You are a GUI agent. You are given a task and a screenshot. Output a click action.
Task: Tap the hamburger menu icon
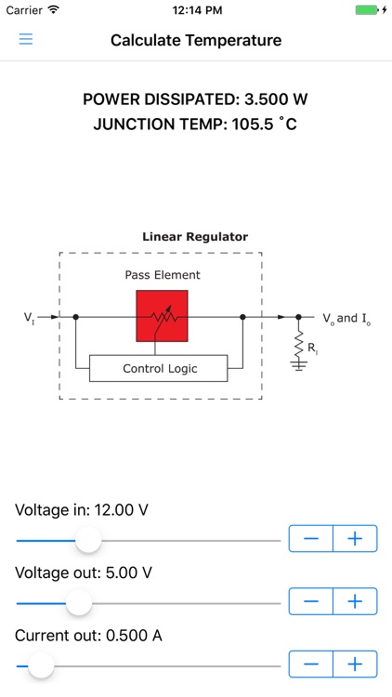[26, 40]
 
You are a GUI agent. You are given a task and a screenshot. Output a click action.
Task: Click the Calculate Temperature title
[196, 40]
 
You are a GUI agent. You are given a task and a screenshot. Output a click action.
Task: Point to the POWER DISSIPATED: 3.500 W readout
[196, 99]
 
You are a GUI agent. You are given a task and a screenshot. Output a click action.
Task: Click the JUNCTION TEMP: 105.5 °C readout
[196, 124]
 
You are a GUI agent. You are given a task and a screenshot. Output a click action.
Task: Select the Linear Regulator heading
[195, 237]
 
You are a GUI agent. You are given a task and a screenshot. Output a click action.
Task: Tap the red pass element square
[162, 316]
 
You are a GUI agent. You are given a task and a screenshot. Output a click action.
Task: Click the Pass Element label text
[163, 275]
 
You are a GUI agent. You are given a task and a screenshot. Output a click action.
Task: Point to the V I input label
[29, 318]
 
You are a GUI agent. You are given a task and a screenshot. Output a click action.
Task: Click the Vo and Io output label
[346, 319]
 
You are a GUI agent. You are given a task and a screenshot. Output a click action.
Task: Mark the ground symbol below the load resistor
[299, 364]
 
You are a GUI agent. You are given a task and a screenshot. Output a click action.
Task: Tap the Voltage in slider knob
[88, 540]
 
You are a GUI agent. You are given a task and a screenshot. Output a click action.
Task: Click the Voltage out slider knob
[79, 603]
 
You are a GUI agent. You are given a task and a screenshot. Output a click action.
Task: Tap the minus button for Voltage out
[311, 601]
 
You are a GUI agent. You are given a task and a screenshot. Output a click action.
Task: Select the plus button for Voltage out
[355, 601]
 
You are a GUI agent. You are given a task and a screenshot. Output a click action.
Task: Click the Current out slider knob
[41, 665]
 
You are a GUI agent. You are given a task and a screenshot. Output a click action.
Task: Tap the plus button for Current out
[355, 664]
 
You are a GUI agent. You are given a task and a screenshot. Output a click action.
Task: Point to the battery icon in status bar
[368, 10]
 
